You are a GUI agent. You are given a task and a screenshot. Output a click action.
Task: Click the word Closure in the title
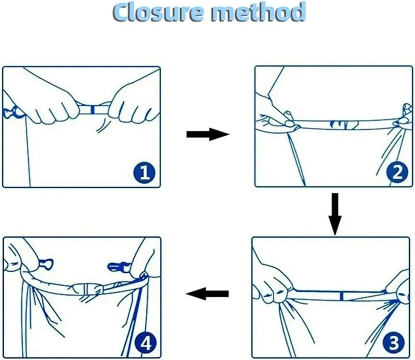158,12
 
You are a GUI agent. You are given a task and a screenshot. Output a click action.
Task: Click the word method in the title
258,12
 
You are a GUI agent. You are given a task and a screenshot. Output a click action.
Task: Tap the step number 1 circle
144,173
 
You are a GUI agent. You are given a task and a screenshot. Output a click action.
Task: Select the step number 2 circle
397,173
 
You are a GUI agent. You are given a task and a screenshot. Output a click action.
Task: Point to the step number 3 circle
394,342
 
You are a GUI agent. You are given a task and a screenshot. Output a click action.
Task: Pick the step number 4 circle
145,343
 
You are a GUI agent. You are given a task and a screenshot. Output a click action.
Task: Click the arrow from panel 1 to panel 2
208,134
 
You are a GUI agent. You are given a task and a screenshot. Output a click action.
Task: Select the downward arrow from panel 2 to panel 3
335,214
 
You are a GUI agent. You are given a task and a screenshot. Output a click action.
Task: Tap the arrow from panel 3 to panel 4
207,294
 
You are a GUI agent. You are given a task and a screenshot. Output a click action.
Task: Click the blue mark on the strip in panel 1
92,110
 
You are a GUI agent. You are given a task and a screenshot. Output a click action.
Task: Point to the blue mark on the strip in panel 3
342,296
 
